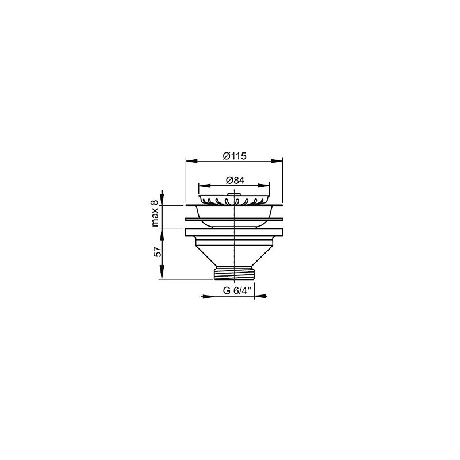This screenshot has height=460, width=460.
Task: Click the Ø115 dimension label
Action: click(235, 156)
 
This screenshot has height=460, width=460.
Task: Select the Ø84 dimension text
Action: click(235, 181)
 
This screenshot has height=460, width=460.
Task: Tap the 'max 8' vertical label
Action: click(155, 213)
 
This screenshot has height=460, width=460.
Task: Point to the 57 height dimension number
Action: click(158, 252)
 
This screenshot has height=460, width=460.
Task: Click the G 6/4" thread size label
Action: click(237, 291)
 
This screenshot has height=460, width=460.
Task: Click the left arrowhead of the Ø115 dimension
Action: click(191, 161)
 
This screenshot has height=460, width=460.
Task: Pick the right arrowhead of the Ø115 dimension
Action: click(277, 161)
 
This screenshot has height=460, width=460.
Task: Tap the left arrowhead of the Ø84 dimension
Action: click(205, 185)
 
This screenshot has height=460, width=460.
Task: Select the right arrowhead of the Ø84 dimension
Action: click(264, 185)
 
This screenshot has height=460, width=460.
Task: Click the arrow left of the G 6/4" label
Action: click(208, 296)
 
